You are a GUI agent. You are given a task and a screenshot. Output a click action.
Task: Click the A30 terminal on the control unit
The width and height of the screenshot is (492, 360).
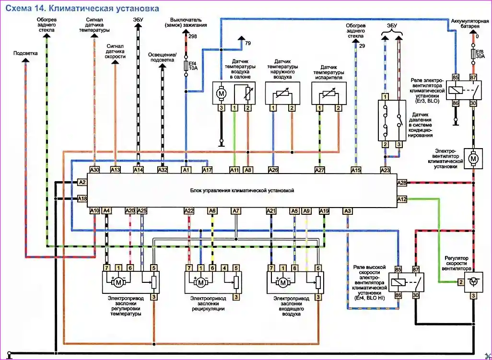(94, 169)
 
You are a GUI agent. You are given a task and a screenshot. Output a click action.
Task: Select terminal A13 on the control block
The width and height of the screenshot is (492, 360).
(115, 169)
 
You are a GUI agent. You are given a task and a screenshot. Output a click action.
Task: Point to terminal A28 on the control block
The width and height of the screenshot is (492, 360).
(402, 183)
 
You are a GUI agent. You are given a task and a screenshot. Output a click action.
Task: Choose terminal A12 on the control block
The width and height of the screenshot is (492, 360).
(402, 199)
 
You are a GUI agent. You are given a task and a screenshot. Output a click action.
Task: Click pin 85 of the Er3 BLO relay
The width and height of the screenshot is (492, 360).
(456, 77)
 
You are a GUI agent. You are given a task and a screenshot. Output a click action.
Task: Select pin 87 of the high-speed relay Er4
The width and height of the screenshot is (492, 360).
(416, 270)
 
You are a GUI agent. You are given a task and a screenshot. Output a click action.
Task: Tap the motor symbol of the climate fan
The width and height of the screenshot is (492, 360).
(473, 158)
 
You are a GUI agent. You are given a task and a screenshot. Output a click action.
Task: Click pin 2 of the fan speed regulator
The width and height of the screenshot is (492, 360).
(460, 283)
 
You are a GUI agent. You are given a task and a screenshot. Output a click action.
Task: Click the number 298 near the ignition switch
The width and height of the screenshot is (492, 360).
(193, 36)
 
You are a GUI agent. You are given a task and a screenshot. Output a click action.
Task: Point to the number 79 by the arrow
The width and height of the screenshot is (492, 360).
(248, 43)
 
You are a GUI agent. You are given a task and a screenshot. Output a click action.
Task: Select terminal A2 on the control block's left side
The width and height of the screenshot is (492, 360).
(82, 182)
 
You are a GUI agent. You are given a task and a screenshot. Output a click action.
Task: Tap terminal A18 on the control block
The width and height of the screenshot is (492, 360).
(82, 198)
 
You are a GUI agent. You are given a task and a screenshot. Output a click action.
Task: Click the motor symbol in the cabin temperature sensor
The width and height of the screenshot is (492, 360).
(222, 93)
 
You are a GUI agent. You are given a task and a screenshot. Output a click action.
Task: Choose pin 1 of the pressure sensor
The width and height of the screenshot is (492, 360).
(385, 97)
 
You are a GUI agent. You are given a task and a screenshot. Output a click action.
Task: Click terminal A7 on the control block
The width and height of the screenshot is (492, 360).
(235, 210)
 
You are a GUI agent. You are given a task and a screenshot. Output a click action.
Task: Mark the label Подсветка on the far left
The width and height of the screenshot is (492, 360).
(25, 53)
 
